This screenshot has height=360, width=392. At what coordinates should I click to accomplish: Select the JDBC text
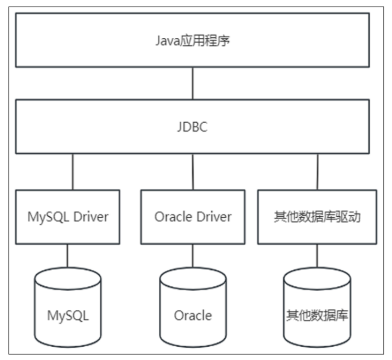[192, 128]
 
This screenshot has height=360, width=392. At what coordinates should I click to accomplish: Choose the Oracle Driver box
[192, 217]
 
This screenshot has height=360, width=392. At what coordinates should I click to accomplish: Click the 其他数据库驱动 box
[317, 217]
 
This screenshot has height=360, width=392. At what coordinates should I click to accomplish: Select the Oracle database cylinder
[192, 308]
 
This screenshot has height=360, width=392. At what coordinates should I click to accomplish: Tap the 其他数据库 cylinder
[317, 308]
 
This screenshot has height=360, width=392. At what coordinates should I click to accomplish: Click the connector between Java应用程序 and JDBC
[192, 83]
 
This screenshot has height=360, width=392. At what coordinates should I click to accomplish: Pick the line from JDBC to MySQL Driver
[73, 171]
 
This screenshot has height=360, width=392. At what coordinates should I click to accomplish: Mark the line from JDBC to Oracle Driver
[192, 171]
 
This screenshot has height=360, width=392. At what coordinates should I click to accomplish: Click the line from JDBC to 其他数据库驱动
[317, 171]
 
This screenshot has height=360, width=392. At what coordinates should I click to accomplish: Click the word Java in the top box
[164, 41]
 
